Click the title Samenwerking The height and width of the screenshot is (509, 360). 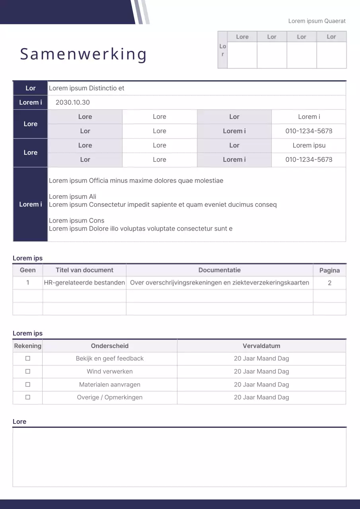(x=84, y=54)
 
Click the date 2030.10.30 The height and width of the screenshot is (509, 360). (x=73, y=102)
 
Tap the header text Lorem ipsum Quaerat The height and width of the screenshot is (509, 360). (x=317, y=21)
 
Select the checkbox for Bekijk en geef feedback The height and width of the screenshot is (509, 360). (x=28, y=358)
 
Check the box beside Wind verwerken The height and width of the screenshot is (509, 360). (x=28, y=371)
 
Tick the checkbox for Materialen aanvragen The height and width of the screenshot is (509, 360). (x=28, y=385)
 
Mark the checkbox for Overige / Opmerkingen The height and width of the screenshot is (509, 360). (x=28, y=397)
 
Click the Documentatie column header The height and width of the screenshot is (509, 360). (x=220, y=270)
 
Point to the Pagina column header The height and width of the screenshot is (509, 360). (x=329, y=270)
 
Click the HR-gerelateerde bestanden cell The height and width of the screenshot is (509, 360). (x=84, y=283)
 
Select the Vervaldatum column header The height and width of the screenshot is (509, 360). (x=261, y=346)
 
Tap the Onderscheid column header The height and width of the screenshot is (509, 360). (x=110, y=346)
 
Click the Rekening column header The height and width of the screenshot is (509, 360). (x=27, y=346)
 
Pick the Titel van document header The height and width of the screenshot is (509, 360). (x=84, y=270)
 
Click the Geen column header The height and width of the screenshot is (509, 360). (x=28, y=270)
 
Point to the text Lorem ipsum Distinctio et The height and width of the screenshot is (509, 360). (x=86, y=88)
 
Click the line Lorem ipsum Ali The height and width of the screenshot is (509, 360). (x=72, y=196)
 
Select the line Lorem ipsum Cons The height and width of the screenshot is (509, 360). (x=76, y=221)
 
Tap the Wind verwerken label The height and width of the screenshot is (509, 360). (x=110, y=371)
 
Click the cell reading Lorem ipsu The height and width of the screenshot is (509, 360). (x=309, y=145)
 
